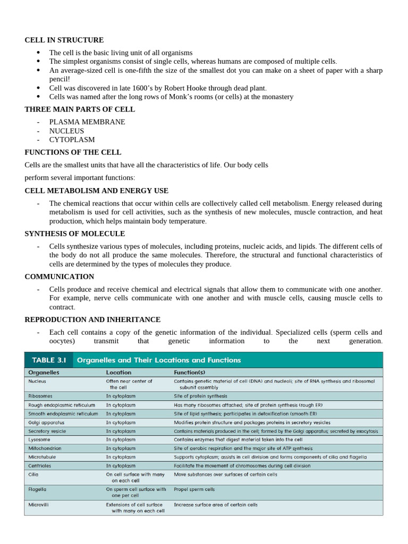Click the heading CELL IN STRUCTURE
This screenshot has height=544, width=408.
pyautogui.click(x=64, y=40)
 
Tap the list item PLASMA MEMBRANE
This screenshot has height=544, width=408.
pyautogui.click(x=87, y=122)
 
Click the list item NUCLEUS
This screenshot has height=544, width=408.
pyautogui.click(x=67, y=131)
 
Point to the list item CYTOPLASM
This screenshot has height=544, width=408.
pyautogui.click(x=72, y=140)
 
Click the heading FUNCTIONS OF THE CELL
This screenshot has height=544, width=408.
pyautogui.click(x=73, y=152)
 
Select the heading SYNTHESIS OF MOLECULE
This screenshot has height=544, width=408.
pyautogui.click(x=75, y=234)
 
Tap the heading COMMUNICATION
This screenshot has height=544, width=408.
pyautogui.click(x=59, y=277)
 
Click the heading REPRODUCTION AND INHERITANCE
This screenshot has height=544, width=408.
pyautogui.click(x=92, y=320)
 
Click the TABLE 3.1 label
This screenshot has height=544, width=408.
pyautogui.click(x=47, y=360)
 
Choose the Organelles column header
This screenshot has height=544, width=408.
pyautogui.click(x=44, y=373)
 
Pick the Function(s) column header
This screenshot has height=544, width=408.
pyautogui.click(x=190, y=373)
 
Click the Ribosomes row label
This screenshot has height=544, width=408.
pyautogui.click(x=40, y=396)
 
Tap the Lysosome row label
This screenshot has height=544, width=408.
pyautogui.click(x=39, y=439)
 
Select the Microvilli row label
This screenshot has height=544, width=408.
pyautogui.click(x=39, y=505)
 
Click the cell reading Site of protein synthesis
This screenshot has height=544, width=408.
pyautogui.click(x=200, y=396)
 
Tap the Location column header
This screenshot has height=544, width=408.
pyautogui.click(x=118, y=373)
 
